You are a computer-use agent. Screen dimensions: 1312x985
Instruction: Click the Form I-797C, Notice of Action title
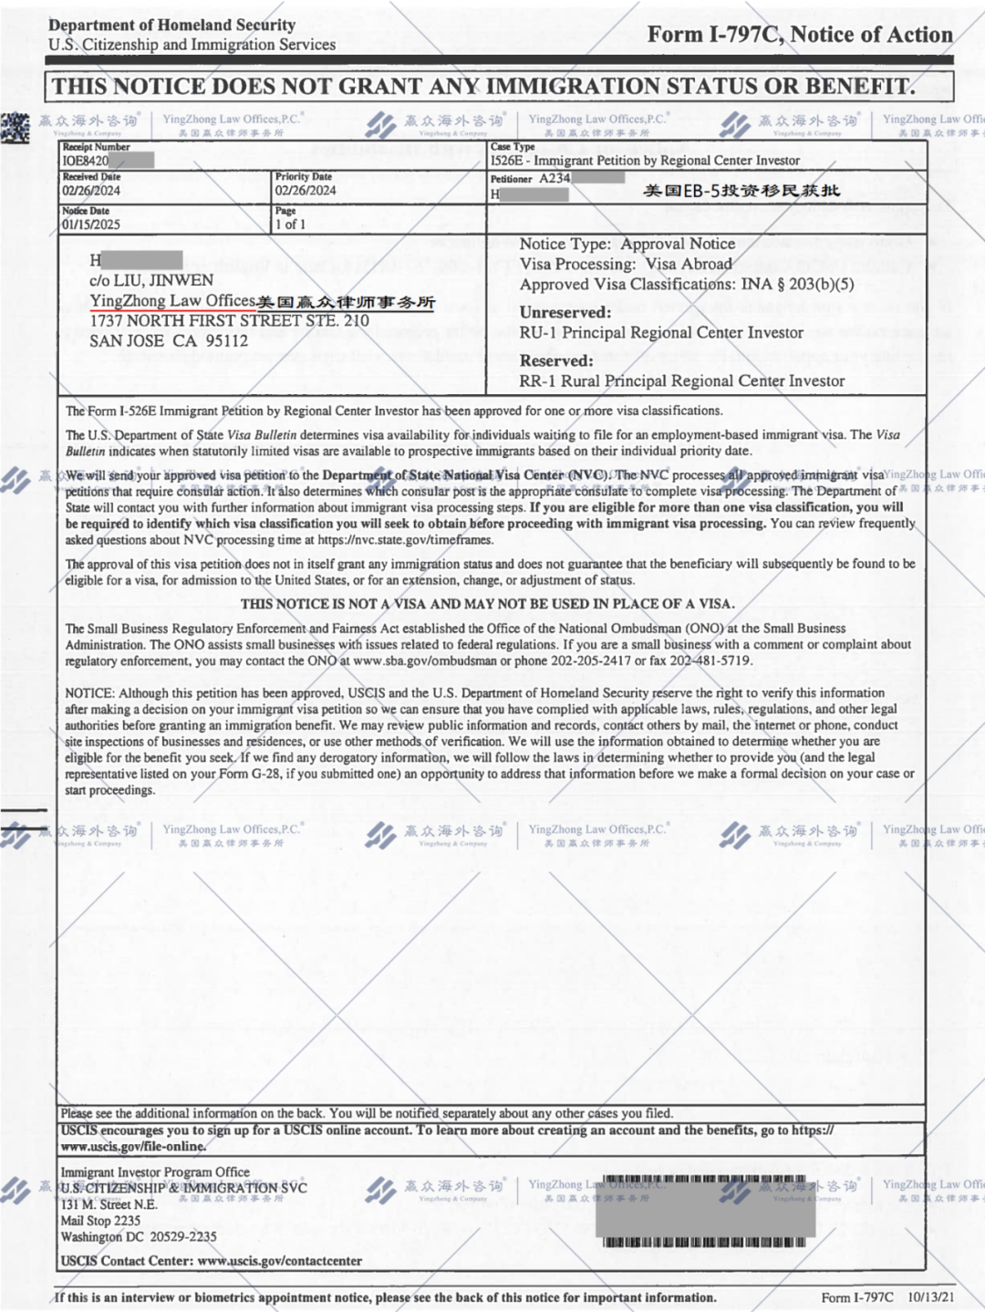click(x=800, y=35)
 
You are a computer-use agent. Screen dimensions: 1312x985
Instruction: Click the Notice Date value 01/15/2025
click(x=91, y=224)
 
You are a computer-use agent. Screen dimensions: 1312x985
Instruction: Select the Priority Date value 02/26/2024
click(x=306, y=191)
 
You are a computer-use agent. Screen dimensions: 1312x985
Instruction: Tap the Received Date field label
click(x=91, y=177)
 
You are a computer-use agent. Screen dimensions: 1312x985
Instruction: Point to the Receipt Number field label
click(x=96, y=147)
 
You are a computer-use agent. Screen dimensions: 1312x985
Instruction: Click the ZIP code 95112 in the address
click(x=226, y=341)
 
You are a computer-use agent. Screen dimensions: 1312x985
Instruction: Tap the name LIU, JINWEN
click(x=163, y=281)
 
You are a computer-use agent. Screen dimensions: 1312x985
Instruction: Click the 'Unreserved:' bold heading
click(x=565, y=312)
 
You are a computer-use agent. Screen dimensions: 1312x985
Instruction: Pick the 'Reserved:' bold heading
click(x=556, y=360)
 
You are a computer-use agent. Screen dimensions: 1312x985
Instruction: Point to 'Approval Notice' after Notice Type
click(x=678, y=245)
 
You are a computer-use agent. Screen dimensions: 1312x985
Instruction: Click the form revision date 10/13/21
click(x=931, y=1297)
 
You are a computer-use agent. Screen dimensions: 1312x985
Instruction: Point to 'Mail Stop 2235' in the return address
click(x=100, y=1221)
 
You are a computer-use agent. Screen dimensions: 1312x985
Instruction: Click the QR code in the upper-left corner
click(x=15, y=127)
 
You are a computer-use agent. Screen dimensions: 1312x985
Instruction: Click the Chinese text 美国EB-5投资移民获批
click(x=741, y=191)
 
